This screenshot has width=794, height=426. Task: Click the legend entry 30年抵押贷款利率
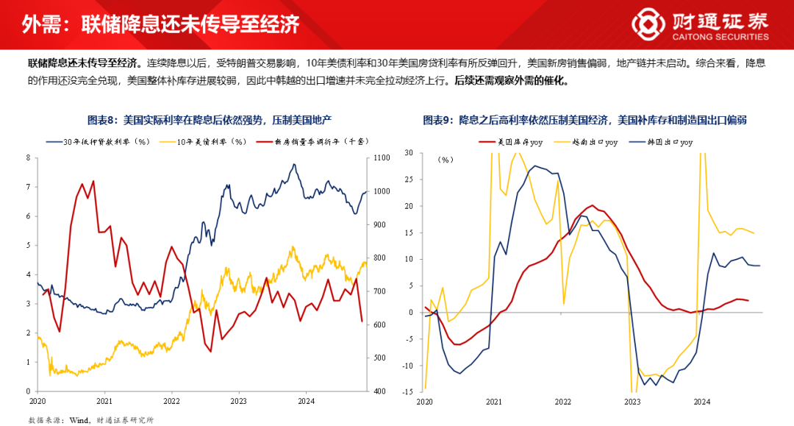coord(109,141)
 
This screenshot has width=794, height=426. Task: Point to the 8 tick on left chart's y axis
coord(28,157)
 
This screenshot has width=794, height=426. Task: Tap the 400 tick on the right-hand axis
coord(379,391)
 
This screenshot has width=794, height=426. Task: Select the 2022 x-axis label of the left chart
coord(171,402)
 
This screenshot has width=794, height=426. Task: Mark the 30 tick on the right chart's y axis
coord(409,153)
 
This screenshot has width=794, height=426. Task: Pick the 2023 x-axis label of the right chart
coord(632,402)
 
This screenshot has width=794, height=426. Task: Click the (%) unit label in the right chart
coord(446,159)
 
